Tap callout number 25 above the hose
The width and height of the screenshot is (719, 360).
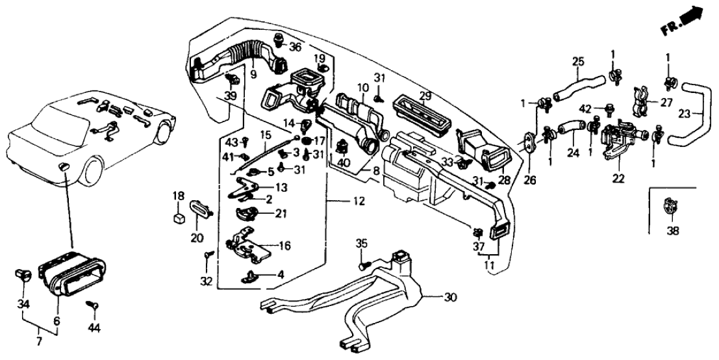tap(578, 62)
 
